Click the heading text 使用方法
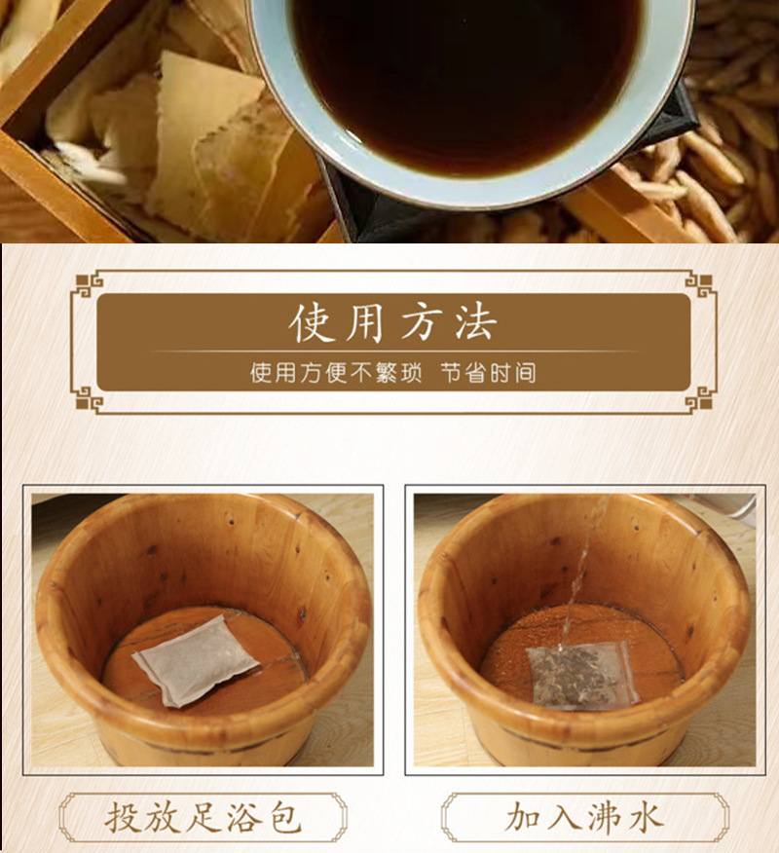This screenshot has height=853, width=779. [x=393, y=322]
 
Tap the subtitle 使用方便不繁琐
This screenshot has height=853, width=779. [x=336, y=373]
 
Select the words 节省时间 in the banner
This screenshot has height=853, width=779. [x=488, y=373]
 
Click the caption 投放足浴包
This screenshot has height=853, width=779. [x=203, y=817]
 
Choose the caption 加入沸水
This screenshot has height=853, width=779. [x=584, y=817]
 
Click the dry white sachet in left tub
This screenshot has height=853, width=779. [x=195, y=659]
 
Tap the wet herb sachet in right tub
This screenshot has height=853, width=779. [x=582, y=674]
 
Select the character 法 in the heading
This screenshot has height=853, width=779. [x=475, y=322]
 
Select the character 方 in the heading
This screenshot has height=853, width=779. [x=421, y=322]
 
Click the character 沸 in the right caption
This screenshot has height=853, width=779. [x=605, y=817]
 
